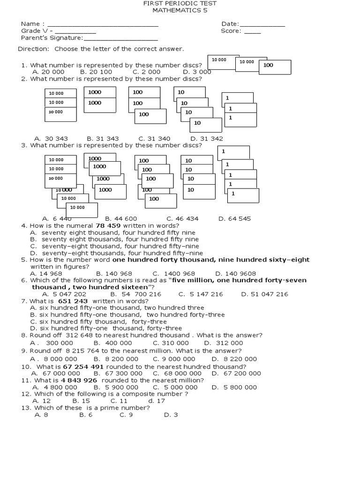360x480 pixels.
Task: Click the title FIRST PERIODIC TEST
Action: click(180, 3)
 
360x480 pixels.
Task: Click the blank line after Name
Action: click(103, 25)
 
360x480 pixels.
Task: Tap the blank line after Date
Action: click(262, 25)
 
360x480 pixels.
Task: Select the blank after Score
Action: click(253, 32)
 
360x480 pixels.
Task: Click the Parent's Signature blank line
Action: click(120, 39)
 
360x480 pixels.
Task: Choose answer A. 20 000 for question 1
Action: click(48, 72)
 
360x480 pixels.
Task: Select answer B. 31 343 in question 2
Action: click(103, 139)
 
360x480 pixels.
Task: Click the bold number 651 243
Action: click(73, 301)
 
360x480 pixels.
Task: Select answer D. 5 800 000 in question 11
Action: click(234, 387)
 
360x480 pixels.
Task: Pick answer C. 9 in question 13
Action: click(126, 415)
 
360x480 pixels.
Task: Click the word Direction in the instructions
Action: click(33, 49)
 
